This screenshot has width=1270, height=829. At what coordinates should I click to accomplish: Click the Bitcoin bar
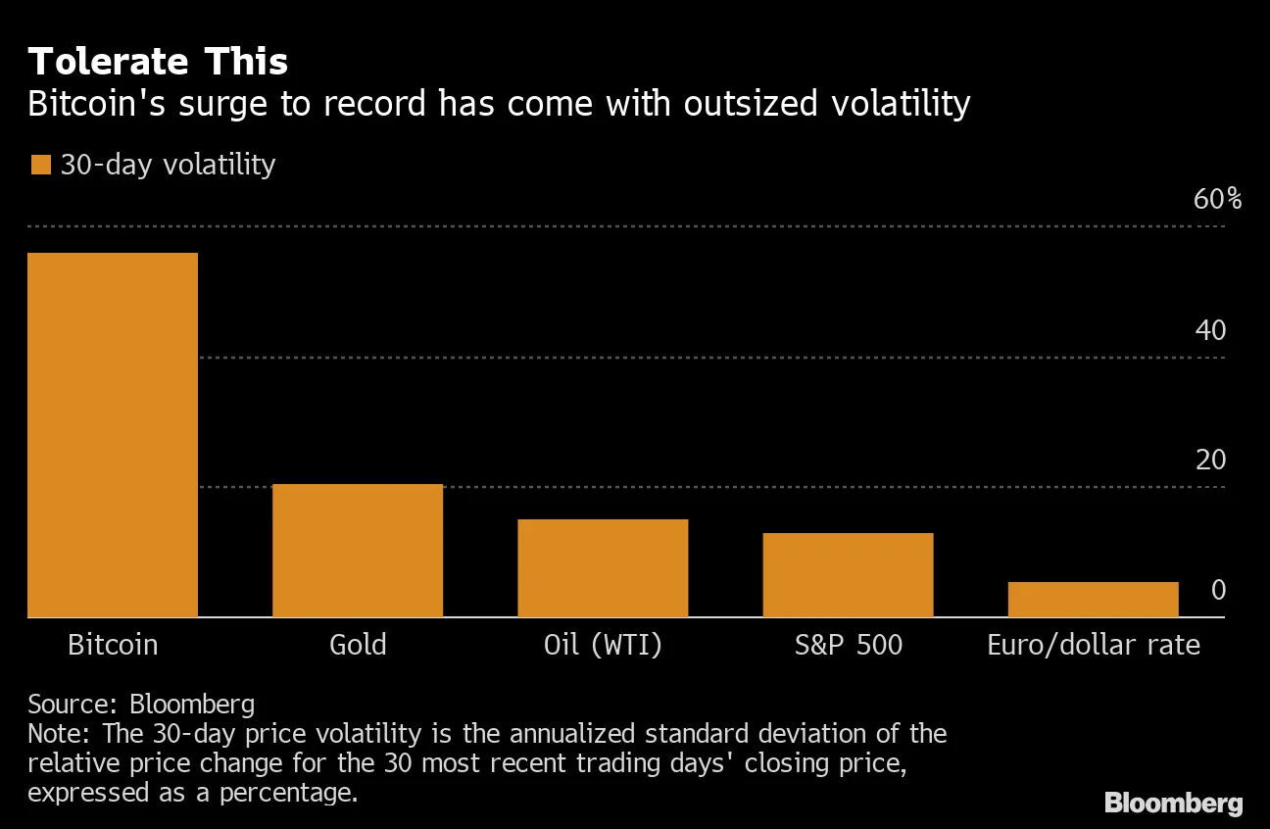click(x=113, y=435)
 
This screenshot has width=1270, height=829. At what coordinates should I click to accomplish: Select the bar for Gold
click(x=358, y=551)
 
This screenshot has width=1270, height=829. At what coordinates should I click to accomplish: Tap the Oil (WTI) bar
click(x=603, y=568)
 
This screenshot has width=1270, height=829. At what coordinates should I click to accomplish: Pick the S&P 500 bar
click(x=848, y=575)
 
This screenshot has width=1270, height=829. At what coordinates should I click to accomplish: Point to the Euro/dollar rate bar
click(x=1093, y=600)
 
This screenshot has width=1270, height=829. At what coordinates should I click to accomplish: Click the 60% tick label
click(x=1217, y=200)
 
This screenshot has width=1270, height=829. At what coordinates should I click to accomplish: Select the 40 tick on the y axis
click(x=1210, y=330)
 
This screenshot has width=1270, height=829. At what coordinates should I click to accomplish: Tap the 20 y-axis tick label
click(x=1210, y=460)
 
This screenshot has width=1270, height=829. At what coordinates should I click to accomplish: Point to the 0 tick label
click(x=1218, y=590)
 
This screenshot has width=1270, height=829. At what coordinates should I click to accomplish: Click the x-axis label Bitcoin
click(x=113, y=645)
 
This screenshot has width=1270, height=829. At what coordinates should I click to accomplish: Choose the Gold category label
click(x=358, y=645)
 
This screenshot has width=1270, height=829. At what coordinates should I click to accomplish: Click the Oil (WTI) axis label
click(x=603, y=646)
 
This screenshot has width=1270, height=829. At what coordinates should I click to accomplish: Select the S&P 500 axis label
click(x=848, y=645)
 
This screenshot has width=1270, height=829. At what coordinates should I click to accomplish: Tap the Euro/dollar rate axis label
click(x=1093, y=645)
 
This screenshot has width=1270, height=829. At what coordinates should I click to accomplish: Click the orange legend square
click(x=40, y=165)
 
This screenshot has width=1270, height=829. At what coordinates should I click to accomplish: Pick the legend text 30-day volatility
click(x=168, y=165)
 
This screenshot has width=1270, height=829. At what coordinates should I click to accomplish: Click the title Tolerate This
click(x=158, y=62)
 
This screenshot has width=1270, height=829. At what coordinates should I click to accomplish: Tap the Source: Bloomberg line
click(x=141, y=704)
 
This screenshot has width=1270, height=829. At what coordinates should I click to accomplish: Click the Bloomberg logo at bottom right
click(x=1173, y=804)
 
